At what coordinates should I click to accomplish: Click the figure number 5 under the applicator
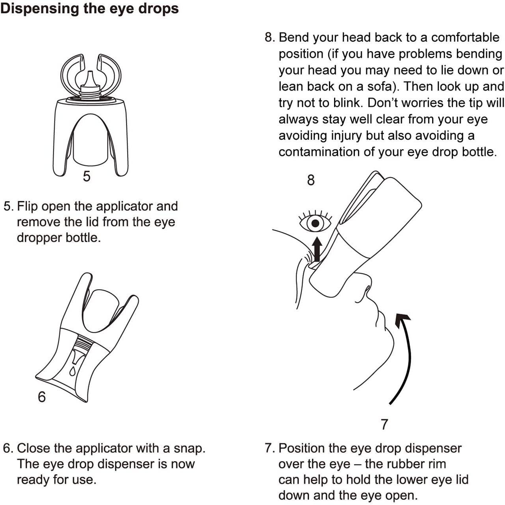(x=87, y=176)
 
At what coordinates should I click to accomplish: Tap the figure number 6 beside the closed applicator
(x=42, y=397)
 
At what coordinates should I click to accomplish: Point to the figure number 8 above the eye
(x=311, y=180)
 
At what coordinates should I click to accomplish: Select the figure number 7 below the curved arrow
(x=384, y=424)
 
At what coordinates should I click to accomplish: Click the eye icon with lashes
(x=315, y=223)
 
